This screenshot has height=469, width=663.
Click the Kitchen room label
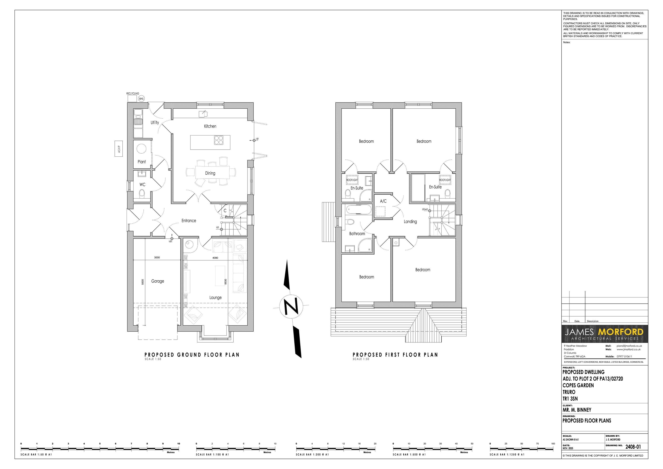click(210, 126)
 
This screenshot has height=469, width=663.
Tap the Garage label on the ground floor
click(158, 281)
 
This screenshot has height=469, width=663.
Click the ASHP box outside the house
click(119, 149)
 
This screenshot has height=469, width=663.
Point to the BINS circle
click(141, 98)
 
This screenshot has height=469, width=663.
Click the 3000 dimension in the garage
click(157, 258)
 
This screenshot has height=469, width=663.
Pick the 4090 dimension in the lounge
click(215, 258)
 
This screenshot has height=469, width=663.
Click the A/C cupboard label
click(383, 201)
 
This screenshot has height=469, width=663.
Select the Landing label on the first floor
click(410, 222)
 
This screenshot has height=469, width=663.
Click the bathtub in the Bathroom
click(358, 210)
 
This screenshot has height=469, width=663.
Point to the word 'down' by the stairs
click(425, 209)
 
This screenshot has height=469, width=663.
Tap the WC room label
click(142, 184)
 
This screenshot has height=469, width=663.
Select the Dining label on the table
click(210, 173)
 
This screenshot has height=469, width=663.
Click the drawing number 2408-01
click(633, 447)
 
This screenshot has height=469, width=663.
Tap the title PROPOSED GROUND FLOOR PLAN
click(192, 355)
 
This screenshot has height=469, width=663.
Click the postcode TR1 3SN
click(570, 399)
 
